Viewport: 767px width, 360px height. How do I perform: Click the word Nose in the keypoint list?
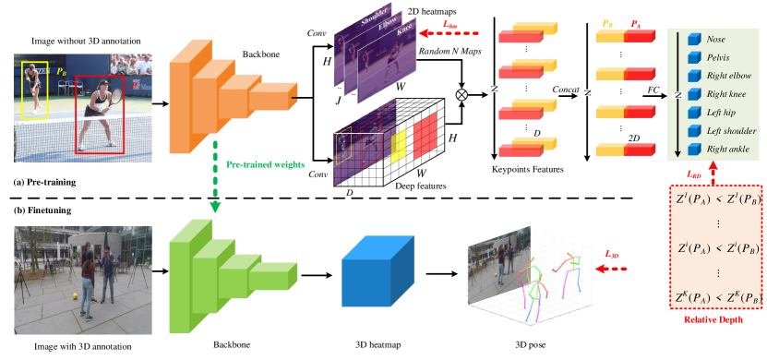pyautogui.click(x=716, y=39)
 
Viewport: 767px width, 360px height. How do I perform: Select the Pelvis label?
pyautogui.click(x=719, y=57)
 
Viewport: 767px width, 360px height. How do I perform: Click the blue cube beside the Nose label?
pyautogui.click(x=695, y=39)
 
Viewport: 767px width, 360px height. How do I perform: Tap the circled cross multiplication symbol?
pyautogui.click(x=461, y=93)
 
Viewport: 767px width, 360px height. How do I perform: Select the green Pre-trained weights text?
pyautogui.click(x=265, y=164)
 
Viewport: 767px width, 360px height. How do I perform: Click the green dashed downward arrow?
pyautogui.click(x=215, y=175)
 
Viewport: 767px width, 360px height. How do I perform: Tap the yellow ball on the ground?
pyautogui.click(x=74, y=297)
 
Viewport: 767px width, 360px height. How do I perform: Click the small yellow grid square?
pyautogui.click(x=400, y=147)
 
